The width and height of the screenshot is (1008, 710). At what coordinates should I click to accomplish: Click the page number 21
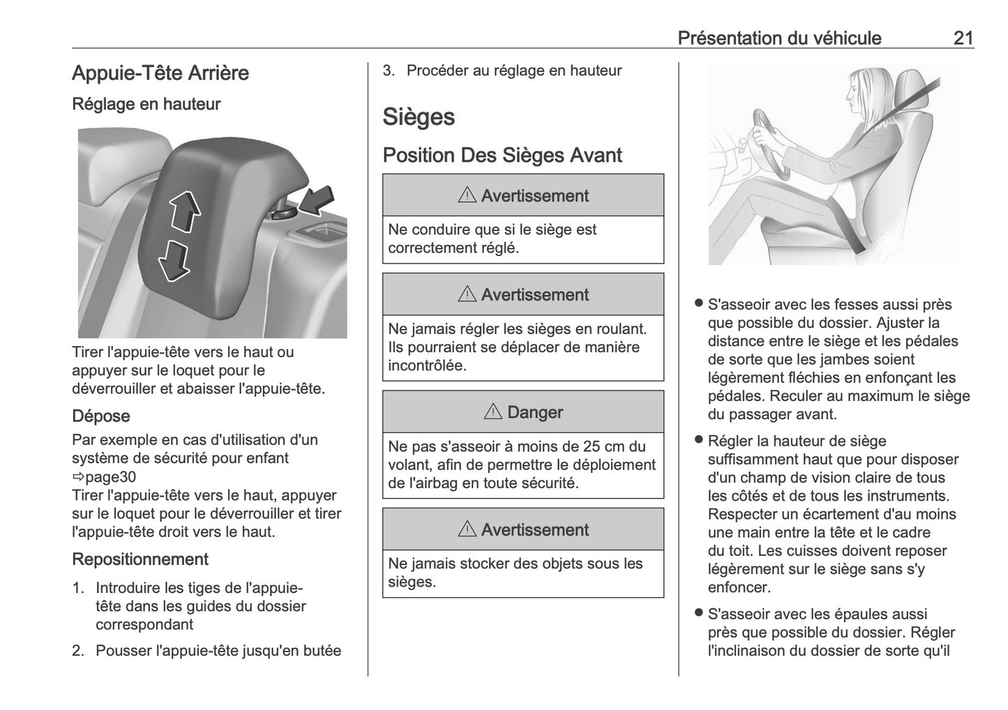963,38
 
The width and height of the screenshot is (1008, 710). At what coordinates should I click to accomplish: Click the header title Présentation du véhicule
779,38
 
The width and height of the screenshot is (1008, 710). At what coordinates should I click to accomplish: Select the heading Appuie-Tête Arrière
160,73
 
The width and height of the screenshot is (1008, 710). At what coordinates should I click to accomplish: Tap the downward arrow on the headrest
173,261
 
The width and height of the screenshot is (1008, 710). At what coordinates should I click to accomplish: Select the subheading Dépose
100,416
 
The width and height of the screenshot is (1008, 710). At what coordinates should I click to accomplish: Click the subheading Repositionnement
140,559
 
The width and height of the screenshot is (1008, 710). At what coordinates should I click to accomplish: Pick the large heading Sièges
418,117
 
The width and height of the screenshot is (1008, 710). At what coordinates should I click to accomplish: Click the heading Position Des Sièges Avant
502,155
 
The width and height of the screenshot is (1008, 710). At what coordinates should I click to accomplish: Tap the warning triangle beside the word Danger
492,412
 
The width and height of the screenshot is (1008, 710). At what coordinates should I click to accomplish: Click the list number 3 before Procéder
389,70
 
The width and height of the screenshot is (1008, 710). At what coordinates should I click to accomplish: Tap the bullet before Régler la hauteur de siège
698,440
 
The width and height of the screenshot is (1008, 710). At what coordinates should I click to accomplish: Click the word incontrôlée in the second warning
427,365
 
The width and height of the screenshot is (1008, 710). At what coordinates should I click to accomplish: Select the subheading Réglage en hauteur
146,105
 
